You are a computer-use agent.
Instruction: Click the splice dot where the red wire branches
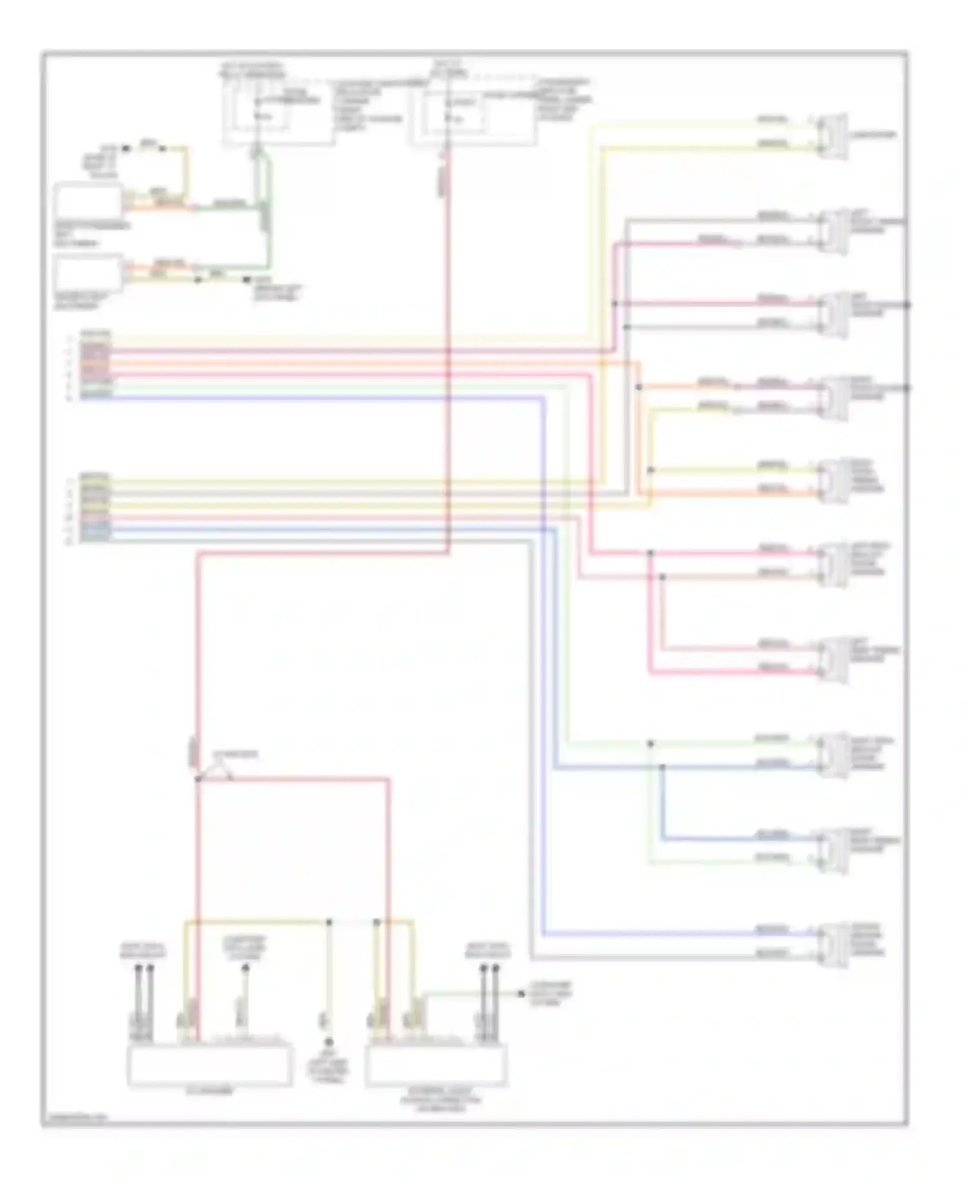point(199,779)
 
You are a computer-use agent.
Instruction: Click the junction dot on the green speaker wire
point(650,744)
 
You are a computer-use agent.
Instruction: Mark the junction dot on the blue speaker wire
point(662,767)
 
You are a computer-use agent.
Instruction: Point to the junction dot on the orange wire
point(639,387)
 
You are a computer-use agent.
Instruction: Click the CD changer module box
point(210,1065)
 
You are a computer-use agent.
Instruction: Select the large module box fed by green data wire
point(436,1065)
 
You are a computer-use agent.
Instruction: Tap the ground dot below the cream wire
point(329,1042)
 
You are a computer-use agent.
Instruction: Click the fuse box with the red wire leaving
point(473,116)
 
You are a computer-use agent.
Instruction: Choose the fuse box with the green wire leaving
point(278,116)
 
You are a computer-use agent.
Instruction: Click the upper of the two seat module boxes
point(88,202)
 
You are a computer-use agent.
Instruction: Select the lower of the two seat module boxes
point(88,273)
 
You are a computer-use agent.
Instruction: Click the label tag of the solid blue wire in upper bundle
point(95,398)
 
